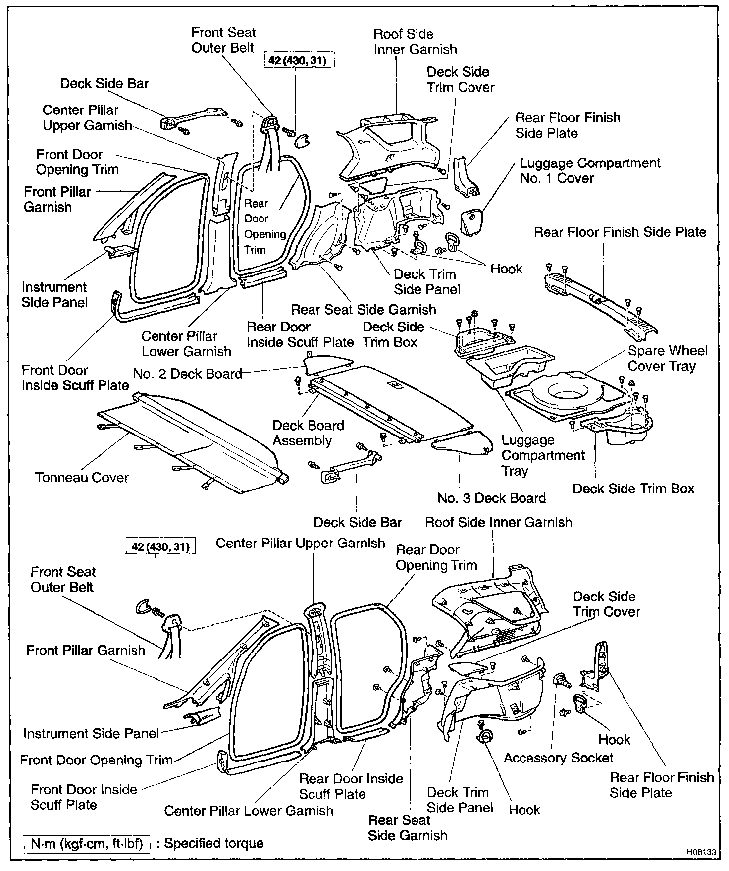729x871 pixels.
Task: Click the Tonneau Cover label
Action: [x=82, y=478]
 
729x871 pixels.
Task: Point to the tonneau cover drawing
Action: [x=188, y=436]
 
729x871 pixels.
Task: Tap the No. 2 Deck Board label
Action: [x=187, y=374]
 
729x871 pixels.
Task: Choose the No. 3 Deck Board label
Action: [x=491, y=498]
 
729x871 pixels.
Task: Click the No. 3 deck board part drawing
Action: [x=463, y=441]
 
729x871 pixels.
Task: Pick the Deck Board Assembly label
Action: [x=308, y=433]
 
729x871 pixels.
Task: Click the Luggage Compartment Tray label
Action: [x=543, y=455]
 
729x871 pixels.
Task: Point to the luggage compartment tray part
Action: [x=510, y=367]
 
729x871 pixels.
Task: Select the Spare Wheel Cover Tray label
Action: [x=668, y=358]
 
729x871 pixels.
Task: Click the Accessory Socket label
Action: [x=558, y=758]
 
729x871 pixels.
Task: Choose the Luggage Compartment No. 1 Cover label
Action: [x=590, y=170]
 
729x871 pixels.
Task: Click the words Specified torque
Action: [x=214, y=843]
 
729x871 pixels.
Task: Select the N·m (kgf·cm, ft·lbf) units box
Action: [x=87, y=843]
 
